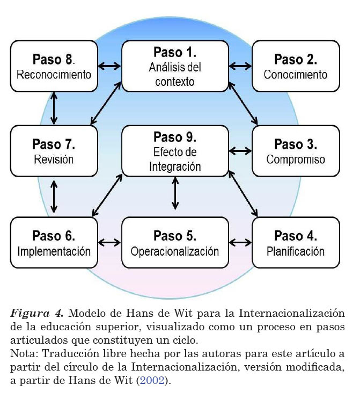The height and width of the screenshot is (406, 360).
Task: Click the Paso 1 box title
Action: tap(175, 53)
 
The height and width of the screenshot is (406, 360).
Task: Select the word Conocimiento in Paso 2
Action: tap(296, 75)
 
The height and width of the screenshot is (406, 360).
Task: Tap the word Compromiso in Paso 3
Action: tap(296, 160)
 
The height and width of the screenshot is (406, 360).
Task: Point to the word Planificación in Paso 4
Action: tap(296, 251)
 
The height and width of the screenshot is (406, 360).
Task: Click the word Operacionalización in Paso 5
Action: tap(175, 251)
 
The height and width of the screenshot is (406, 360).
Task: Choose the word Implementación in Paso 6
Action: tap(54, 251)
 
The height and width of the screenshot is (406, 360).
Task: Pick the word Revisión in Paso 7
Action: tap(54, 160)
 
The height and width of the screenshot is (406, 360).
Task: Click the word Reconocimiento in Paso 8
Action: tap(54, 75)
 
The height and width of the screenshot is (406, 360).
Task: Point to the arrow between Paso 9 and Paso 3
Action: tap(240, 151)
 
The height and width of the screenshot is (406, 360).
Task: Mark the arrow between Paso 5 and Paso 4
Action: tap(240, 242)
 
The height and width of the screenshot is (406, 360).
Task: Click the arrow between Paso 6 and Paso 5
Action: tap(110, 242)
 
